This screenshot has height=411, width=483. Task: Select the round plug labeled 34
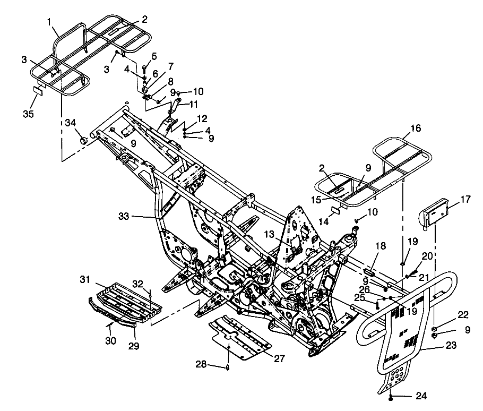click(84, 141)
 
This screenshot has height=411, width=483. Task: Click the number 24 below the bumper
click(421, 396)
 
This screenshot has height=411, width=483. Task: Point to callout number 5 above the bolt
click(154, 56)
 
